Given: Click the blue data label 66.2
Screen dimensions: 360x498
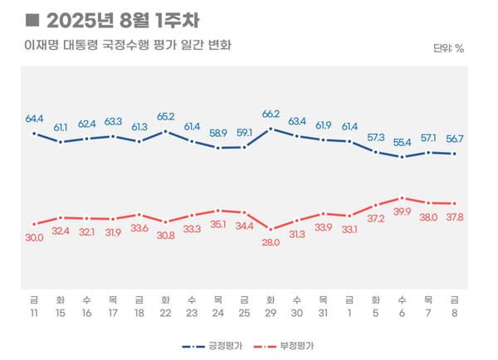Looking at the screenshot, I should point(271,114).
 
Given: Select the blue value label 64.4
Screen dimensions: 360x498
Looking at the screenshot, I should point(34,119).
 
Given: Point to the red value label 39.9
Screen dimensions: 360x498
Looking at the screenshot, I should point(401,212).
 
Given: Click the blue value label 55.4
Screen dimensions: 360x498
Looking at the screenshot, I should point(403,143).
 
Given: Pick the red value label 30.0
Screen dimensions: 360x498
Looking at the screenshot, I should point(34,237).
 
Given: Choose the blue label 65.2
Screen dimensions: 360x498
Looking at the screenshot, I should point(165,117).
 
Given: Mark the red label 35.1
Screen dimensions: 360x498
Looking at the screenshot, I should point(217,224).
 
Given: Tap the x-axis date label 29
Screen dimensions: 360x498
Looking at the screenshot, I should point(271,313).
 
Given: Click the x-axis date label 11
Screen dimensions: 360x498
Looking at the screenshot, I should point(33,313).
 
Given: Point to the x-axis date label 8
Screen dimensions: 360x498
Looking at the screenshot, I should point(454,313).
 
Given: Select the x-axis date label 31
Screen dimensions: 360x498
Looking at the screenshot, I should point(323,313).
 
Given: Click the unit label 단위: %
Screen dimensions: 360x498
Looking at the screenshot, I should point(448,48).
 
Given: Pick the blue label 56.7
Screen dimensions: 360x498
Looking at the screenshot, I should point(455,139).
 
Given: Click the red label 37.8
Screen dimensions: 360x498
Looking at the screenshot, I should point(455,217).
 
